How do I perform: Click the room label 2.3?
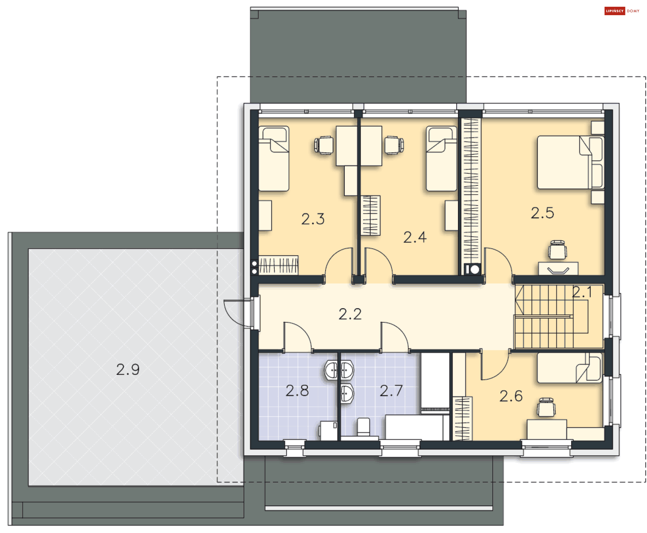313,219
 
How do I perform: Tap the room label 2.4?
415,237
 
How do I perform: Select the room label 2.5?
542,213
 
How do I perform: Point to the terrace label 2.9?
128,369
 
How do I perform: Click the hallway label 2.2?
350,314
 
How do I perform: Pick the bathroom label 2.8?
297,391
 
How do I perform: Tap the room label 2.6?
511,396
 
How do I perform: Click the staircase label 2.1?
582,292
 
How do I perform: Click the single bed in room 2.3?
274,158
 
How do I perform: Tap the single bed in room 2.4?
441,158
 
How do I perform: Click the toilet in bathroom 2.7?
363,427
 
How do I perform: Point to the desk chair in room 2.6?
546,408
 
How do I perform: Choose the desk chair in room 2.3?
324,145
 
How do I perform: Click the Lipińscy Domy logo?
622,11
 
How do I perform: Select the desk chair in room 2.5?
557,250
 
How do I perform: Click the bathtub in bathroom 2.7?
417,427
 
